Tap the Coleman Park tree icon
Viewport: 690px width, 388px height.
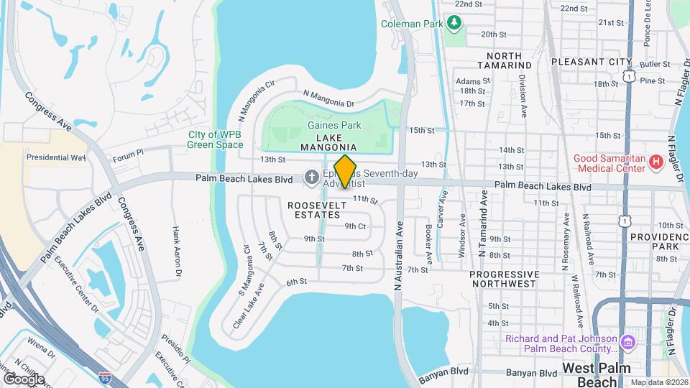(454, 24)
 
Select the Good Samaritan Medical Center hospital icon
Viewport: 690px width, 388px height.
(655, 163)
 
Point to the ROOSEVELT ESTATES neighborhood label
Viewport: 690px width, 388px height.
(313, 210)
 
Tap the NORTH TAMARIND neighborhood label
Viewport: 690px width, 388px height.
(509, 60)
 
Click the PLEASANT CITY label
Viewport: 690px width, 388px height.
(592, 62)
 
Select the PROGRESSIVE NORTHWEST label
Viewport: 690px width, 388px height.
(505, 280)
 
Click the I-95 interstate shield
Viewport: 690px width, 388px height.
(105, 376)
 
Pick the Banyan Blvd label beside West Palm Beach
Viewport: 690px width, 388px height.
(531, 373)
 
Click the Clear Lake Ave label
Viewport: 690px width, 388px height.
(248, 306)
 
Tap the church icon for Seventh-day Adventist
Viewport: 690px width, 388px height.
(311, 176)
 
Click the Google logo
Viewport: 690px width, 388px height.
(23, 379)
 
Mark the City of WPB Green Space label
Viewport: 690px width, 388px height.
(215, 139)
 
